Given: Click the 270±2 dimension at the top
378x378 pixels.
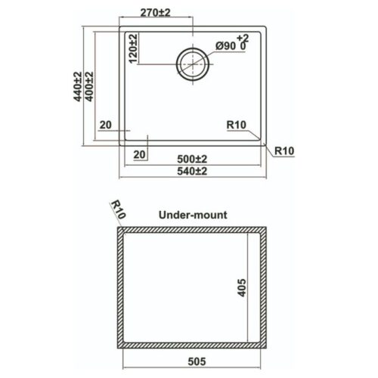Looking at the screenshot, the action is (155, 12).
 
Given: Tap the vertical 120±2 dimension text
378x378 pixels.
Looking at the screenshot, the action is (133, 48).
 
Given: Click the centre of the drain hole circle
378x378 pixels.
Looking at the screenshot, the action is (193, 64).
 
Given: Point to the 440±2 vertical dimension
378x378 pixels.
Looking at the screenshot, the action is (78, 86).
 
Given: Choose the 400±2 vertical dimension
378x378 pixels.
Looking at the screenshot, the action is (89, 86).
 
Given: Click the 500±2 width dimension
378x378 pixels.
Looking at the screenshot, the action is (192, 159).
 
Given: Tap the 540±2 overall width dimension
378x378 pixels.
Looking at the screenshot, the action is (192, 171).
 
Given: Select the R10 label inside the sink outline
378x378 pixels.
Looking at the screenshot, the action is (236, 125).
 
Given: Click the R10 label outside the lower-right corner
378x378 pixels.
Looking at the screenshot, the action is (284, 150).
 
